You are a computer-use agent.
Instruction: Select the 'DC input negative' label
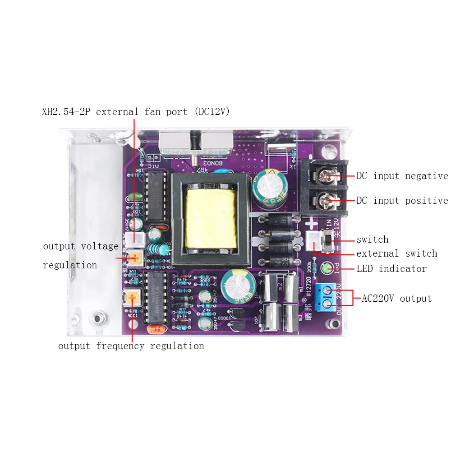402,176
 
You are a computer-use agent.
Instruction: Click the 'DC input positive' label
402,200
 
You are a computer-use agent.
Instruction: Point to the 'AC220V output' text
396,298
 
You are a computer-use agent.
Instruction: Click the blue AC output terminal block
328,298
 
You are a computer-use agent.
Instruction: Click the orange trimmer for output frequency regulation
132,298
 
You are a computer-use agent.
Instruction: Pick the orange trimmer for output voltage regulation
134,258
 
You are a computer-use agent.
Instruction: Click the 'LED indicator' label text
391,269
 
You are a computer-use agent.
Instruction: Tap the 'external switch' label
396,253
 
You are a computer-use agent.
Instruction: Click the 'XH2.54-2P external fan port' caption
135,112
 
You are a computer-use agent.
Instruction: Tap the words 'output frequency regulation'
131,346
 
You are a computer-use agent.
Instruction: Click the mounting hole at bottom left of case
96,318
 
